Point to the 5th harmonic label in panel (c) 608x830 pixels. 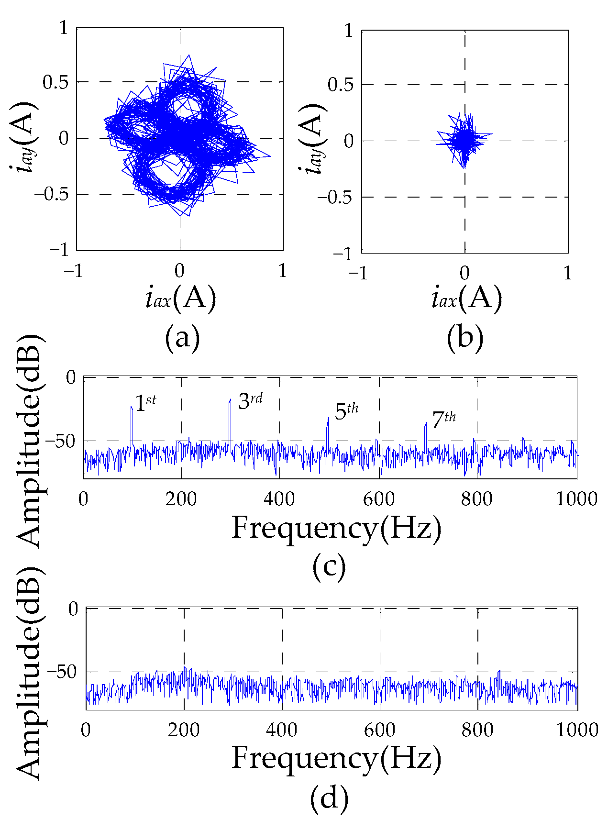coord(346,411)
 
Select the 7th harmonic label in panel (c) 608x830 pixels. coord(443,420)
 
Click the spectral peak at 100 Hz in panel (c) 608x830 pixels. coord(132,408)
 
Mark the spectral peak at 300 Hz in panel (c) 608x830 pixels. coord(230,400)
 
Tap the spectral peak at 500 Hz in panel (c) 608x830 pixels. coord(328,419)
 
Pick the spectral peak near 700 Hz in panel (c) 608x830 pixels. coord(426,423)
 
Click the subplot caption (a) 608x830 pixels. coord(182,338)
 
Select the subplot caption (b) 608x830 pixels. coord(465,338)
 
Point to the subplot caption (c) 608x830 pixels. coord(329,567)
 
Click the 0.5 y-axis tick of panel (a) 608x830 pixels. coord(56,82)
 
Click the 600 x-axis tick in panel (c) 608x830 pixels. coord(379,499)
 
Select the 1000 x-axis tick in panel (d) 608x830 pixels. coord(577,730)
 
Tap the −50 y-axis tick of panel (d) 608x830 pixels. coord(62,672)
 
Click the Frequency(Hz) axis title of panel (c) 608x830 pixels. coord(336,529)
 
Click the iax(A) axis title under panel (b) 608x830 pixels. coord(466,299)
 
